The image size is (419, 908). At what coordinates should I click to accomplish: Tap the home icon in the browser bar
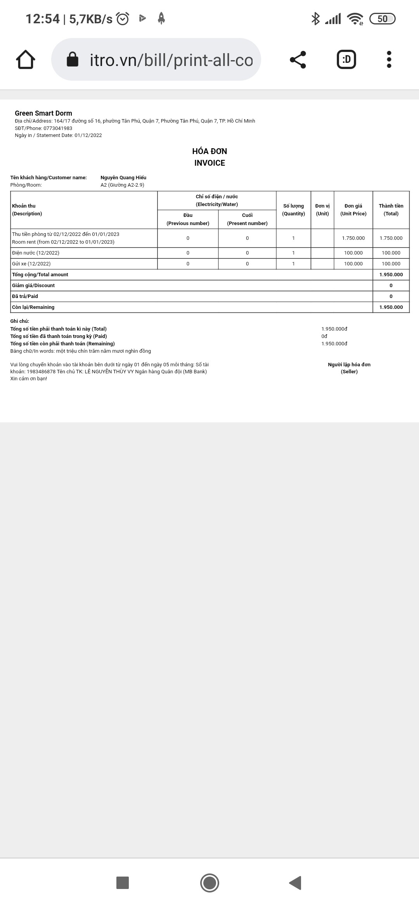tap(26, 59)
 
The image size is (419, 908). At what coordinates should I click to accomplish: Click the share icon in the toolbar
tap(298, 59)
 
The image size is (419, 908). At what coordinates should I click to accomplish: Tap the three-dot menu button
tap(389, 59)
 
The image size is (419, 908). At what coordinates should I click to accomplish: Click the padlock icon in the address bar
tap(73, 59)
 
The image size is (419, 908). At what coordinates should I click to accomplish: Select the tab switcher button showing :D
tap(346, 59)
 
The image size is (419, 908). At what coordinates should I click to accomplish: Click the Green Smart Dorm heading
tap(43, 113)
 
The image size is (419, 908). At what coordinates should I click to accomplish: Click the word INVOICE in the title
tap(209, 163)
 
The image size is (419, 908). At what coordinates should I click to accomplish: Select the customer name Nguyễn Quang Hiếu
tap(123, 178)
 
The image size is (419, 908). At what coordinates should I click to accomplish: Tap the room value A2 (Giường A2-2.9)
tap(122, 185)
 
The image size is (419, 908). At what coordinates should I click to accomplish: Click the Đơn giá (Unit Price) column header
tap(353, 210)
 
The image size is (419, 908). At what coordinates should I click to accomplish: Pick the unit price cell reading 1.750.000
tap(353, 238)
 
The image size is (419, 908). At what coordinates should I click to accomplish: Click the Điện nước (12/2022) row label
tap(36, 253)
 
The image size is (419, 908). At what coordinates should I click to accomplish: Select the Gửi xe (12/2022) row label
tap(31, 264)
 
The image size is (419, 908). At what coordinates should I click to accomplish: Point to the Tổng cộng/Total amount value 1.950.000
tap(391, 275)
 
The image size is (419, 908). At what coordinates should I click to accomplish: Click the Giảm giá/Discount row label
tap(33, 286)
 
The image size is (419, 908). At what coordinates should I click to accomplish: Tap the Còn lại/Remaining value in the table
tap(391, 307)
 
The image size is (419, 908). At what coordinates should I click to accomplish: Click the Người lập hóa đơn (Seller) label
tap(349, 368)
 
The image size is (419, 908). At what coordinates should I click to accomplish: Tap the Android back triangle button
tap(296, 883)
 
